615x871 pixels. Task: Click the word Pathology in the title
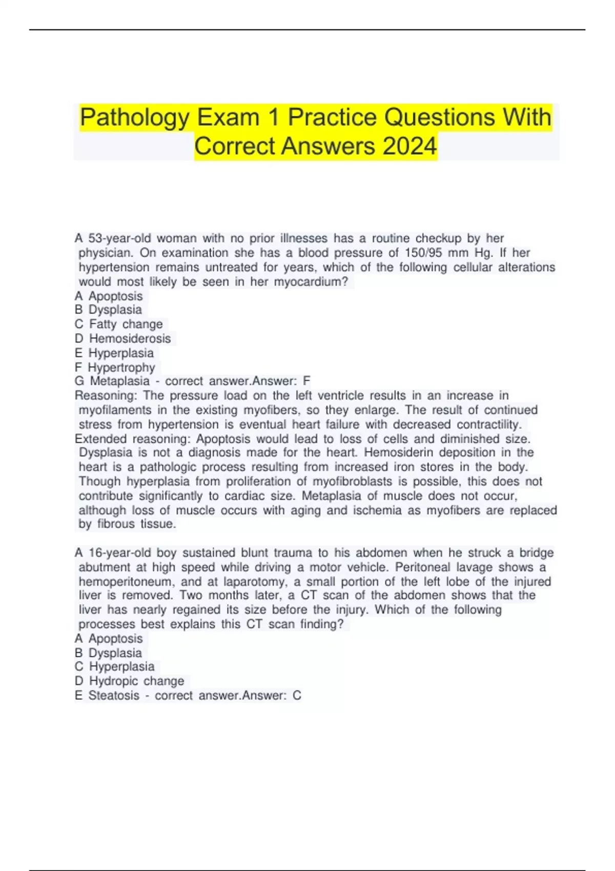point(135,117)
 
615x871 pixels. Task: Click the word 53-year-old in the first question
point(120,238)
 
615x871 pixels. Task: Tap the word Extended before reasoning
point(100,439)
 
